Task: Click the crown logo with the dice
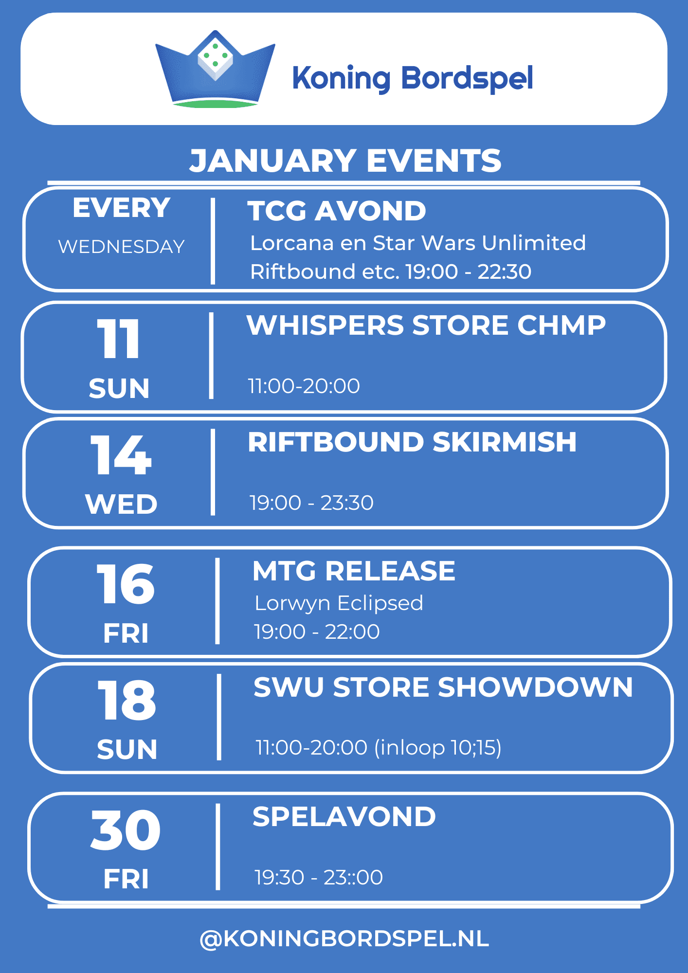(x=215, y=69)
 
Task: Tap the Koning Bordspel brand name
(x=413, y=78)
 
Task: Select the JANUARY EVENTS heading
(x=345, y=161)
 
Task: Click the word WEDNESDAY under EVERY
(x=121, y=247)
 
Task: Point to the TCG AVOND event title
(x=337, y=211)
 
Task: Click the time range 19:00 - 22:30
(x=469, y=271)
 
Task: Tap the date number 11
(x=119, y=339)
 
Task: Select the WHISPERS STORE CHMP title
(x=426, y=325)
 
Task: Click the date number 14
(x=121, y=455)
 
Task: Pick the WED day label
(x=121, y=504)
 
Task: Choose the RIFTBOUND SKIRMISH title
(x=412, y=442)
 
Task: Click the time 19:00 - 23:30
(x=311, y=503)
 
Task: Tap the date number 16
(x=126, y=584)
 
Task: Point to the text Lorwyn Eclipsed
(x=339, y=603)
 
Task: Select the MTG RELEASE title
(x=354, y=571)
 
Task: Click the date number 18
(x=127, y=700)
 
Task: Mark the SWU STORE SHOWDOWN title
(x=443, y=687)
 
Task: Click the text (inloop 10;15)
(x=438, y=748)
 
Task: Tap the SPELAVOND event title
(x=344, y=817)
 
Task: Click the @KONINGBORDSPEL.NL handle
(x=344, y=939)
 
